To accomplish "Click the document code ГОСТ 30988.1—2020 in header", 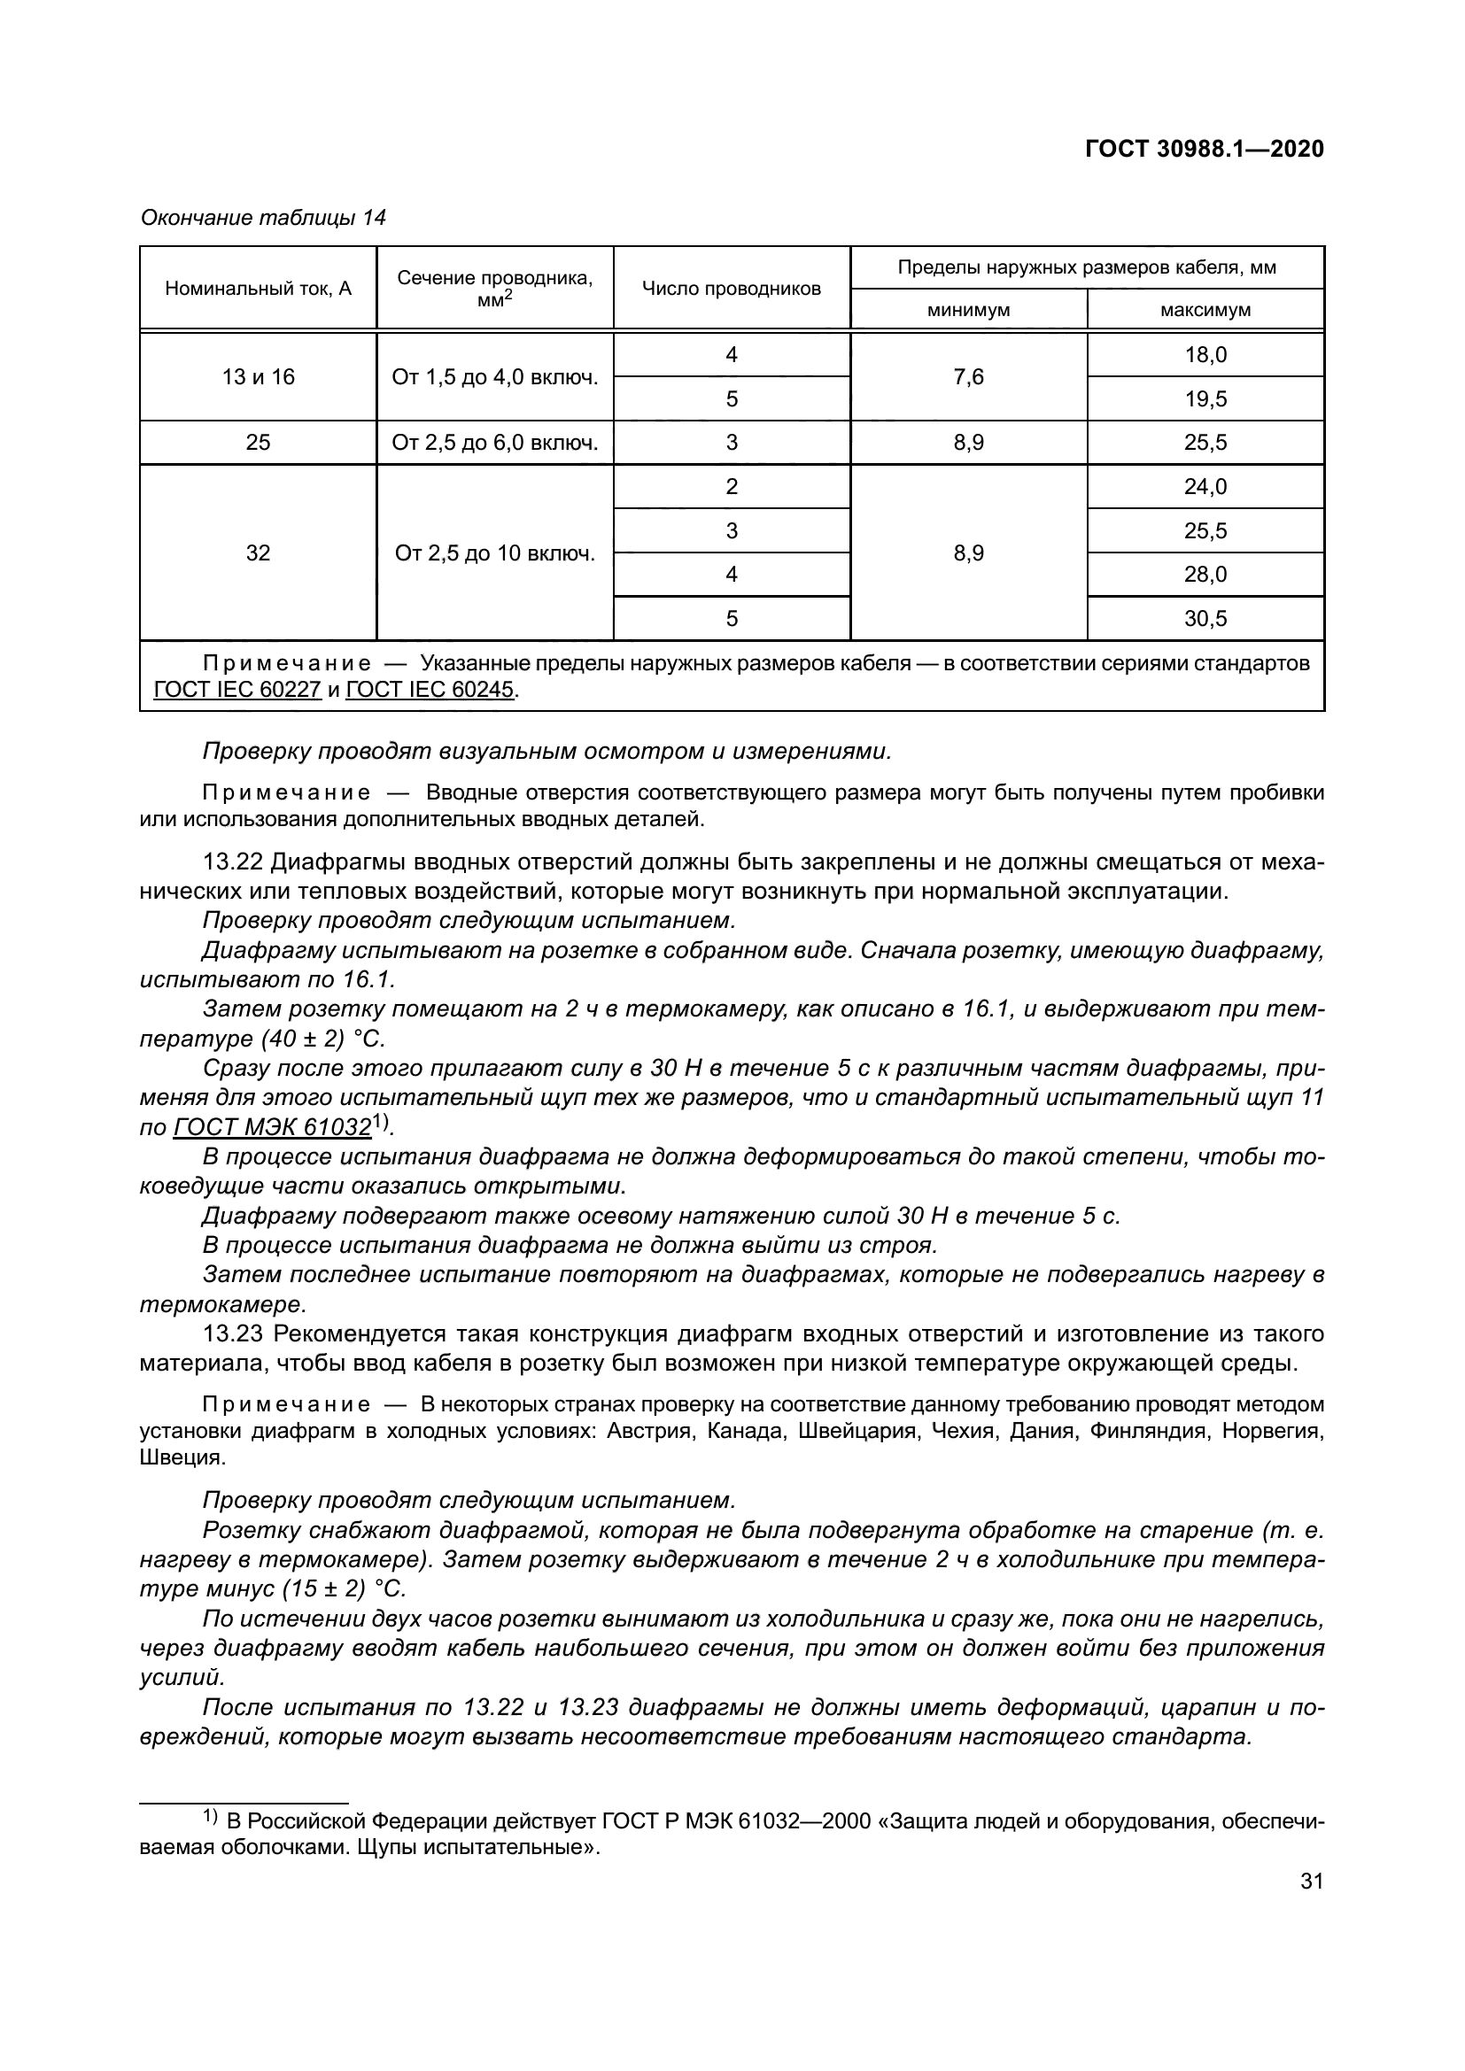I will point(1205,150).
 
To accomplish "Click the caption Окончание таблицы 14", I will point(263,219).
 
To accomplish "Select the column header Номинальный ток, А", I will point(258,289).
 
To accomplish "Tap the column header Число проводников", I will point(732,289).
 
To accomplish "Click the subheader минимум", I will point(969,310).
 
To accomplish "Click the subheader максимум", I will point(1205,310).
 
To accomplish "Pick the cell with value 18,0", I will point(1205,354).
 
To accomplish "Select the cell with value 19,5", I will point(1205,398).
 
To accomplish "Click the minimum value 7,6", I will point(969,377).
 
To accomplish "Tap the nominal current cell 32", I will point(258,553).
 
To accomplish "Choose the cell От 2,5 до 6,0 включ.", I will point(495,443).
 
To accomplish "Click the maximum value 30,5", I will point(1205,619).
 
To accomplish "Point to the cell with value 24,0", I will point(1205,487).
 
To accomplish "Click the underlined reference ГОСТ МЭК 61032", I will point(272,1128).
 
